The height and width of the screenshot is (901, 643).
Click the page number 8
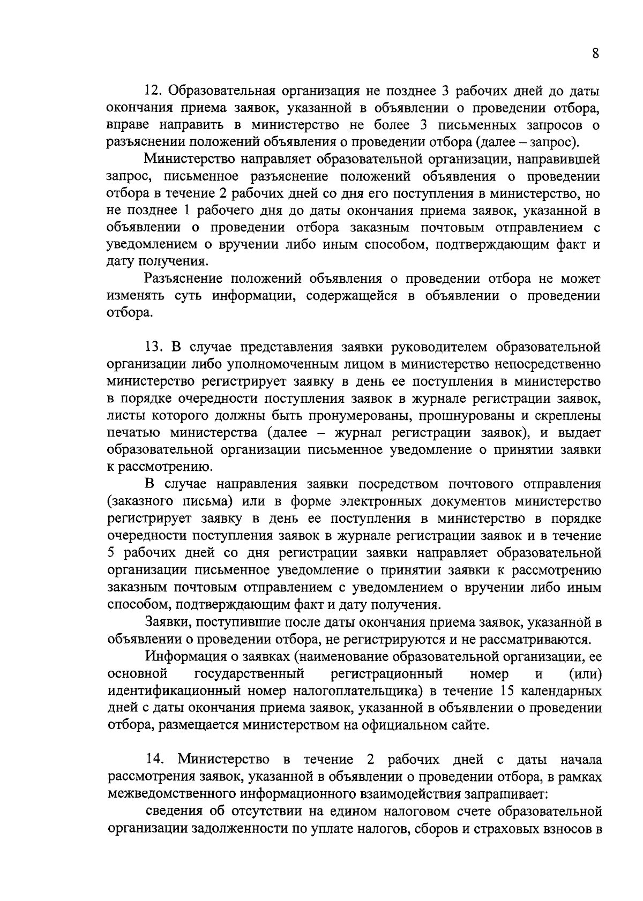[x=595, y=54]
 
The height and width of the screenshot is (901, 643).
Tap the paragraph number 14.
[x=154, y=760]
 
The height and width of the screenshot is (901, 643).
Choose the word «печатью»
[x=133, y=433]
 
